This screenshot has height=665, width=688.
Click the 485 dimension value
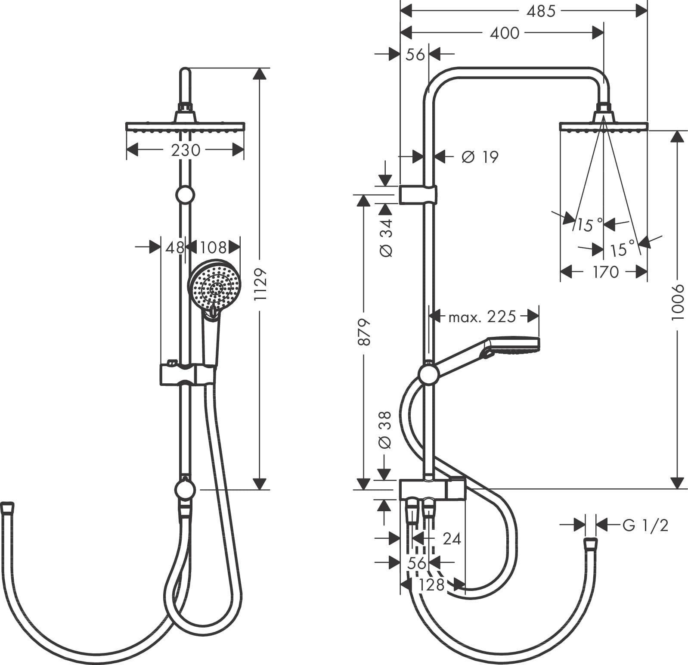coord(541,12)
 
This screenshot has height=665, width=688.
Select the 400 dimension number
coord(505,33)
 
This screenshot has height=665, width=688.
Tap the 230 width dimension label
coord(186,150)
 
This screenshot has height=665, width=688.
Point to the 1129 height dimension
coord(260,284)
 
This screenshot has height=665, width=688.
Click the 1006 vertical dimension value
coord(678,301)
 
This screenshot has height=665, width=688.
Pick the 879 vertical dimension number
coord(364,332)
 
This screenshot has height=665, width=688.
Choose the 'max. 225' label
coord(482,317)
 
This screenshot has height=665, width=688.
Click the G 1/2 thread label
coord(645,525)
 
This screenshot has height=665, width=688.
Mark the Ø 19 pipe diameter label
coord(480,157)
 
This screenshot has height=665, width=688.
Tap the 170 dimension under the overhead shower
coord(605,272)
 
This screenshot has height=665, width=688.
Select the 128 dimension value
coord(431,584)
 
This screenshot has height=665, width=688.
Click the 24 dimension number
coord(452,539)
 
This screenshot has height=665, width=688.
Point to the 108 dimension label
coord(213,248)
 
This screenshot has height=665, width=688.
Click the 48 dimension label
coord(175,248)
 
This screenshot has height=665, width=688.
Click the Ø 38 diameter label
coord(386,430)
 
